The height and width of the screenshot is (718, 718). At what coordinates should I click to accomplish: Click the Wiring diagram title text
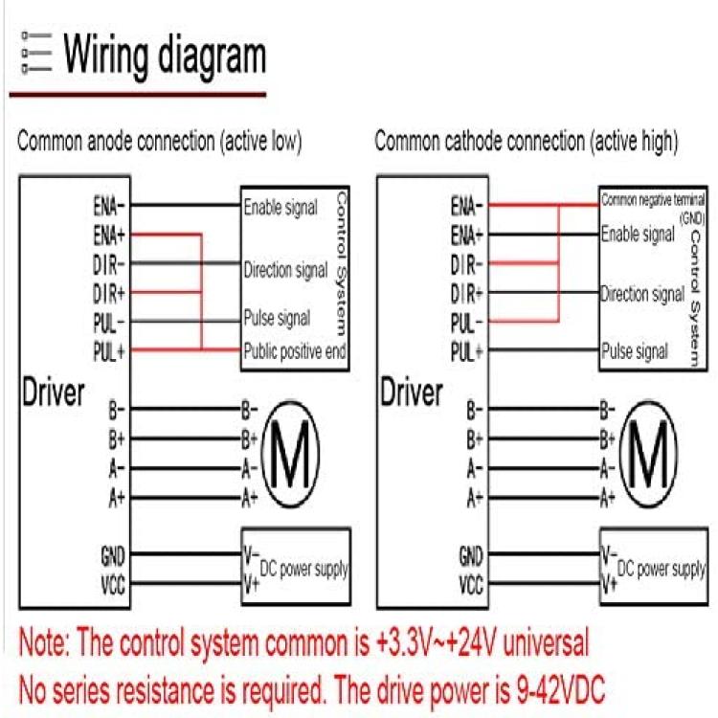(x=165, y=56)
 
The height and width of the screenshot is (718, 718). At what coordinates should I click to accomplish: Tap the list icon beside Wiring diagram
(x=36, y=53)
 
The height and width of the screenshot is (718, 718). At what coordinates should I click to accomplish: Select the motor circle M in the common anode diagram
(x=290, y=454)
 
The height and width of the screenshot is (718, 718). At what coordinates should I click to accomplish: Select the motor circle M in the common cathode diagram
(x=648, y=454)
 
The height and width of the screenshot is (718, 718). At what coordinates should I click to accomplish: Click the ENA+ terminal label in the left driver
(x=109, y=236)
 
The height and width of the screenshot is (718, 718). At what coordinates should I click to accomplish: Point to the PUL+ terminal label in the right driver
(x=466, y=352)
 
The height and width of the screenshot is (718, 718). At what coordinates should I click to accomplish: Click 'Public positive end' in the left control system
(x=295, y=351)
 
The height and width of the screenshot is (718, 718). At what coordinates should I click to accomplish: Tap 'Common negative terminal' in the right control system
(x=653, y=200)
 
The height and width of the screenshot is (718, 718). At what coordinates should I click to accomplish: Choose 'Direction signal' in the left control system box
(x=285, y=270)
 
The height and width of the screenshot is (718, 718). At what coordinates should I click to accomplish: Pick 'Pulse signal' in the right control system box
(x=634, y=351)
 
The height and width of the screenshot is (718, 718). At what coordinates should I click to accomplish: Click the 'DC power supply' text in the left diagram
(x=303, y=570)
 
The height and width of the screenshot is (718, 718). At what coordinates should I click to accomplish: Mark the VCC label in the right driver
(x=471, y=585)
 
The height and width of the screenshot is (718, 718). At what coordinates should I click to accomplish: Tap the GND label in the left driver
(x=113, y=556)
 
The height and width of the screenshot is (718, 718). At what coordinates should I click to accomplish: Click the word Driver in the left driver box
(x=53, y=393)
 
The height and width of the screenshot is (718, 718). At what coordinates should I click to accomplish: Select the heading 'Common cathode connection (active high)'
(x=527, y=141)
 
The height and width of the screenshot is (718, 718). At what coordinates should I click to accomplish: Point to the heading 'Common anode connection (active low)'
(x=159, y=141)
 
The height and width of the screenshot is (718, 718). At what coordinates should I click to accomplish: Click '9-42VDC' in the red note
(x=561, y=689)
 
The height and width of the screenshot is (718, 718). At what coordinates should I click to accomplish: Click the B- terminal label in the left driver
(x=116, y=410)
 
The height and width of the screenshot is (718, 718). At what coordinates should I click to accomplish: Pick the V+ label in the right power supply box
(x=610, y=585)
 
